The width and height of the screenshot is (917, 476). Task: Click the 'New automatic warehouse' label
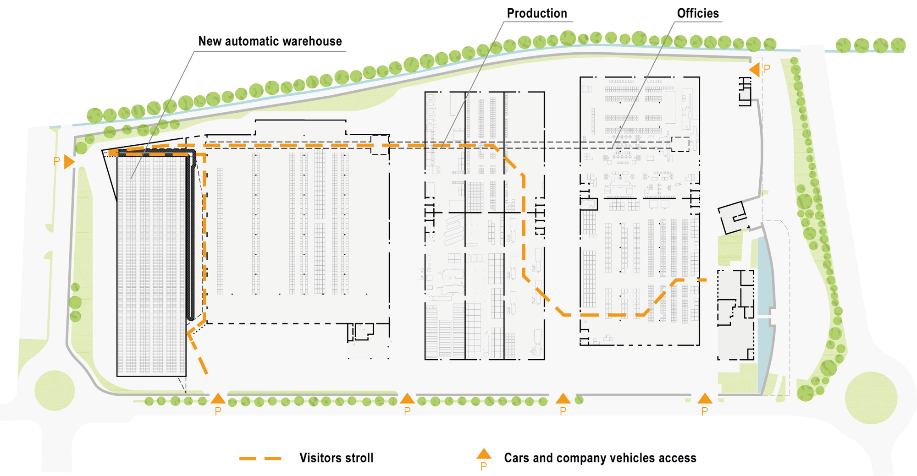[270, 41]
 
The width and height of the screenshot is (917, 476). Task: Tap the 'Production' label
[536, 13]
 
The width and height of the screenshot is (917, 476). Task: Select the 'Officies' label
[697, 13]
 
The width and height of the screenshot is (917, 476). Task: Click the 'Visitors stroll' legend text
[336, 458]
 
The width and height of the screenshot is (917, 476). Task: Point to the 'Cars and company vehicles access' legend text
[600, 458]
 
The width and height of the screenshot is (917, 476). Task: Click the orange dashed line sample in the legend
[260, 458]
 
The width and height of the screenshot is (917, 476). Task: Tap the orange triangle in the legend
[484, 454]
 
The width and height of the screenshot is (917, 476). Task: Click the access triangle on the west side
[69, 162]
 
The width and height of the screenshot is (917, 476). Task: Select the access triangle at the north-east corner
[754, 70]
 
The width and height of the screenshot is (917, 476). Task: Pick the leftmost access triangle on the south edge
[218, 399]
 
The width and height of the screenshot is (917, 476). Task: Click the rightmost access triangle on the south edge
[705, 399]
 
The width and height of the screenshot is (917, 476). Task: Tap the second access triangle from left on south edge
[407, 399]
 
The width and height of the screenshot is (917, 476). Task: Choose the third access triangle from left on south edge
[563, 399]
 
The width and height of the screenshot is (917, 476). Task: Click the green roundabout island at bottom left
[55, 390]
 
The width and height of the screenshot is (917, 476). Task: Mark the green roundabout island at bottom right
[871, 398]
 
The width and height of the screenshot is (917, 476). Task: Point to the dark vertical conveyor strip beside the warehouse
[191, 234]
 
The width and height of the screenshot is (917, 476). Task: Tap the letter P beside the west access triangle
[56, 161]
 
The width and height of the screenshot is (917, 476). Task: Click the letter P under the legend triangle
[483, 466]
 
